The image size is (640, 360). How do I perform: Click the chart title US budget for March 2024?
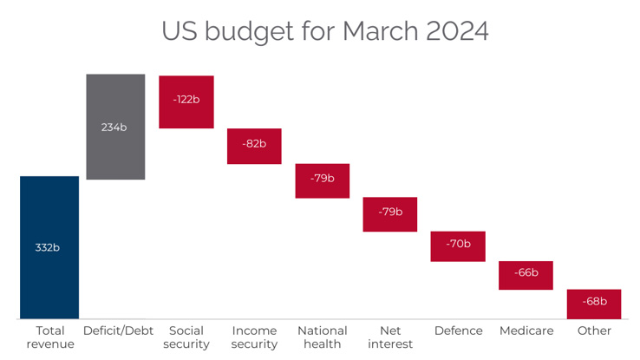(325, 30)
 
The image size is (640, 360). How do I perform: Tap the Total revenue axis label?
(50, 337)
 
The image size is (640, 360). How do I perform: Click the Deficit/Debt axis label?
(118, 331)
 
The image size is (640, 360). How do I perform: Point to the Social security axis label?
(186, 337)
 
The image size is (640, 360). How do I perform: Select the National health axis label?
(322, 337)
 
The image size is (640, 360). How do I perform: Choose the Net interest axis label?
(389, 337)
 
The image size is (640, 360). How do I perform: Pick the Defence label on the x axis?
(458, 331)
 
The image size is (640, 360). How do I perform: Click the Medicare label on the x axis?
(526, 331)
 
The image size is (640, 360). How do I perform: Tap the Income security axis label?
(254, 337)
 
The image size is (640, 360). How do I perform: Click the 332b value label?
(48, 247)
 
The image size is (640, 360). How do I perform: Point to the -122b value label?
(186, 99)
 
